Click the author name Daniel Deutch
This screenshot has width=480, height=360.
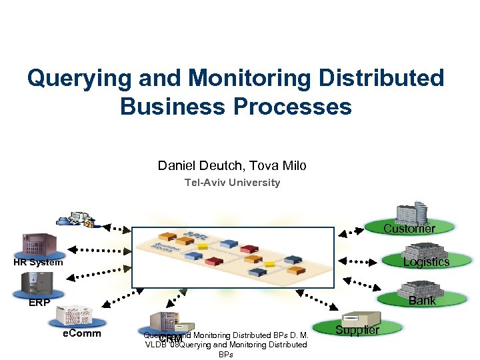tap(193, 165)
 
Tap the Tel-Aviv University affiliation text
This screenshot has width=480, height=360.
tap(232, 183)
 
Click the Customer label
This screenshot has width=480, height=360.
tap(409, 229)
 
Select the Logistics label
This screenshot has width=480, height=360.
tap(426, 262)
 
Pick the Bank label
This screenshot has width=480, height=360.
tap(422, 301)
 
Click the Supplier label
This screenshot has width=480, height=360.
tap(357, 330)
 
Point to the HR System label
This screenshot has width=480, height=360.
tap(38, 263)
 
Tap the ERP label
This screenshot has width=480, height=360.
tap(39, 303)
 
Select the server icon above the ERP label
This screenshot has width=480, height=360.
tap(35, 284)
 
